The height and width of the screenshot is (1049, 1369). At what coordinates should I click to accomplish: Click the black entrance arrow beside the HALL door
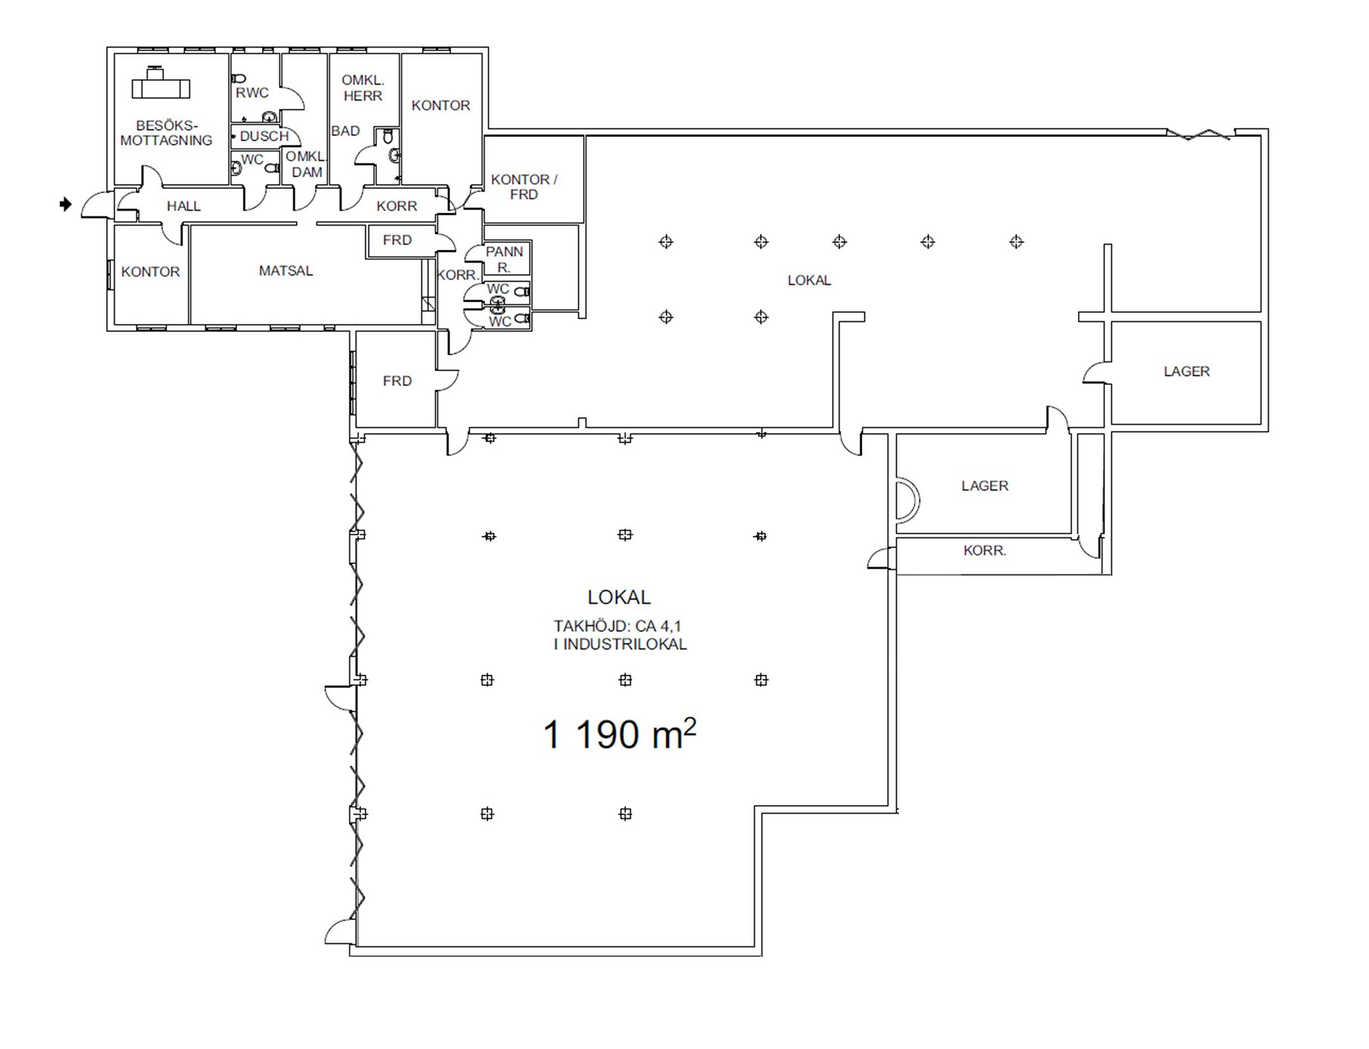(x=66, y=204)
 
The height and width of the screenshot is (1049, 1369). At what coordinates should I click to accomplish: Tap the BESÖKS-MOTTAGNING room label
(x=166, y=133)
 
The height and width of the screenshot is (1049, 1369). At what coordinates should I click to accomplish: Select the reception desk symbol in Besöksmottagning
(x=160, y=83)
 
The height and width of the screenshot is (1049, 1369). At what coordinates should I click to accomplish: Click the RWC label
(x=252, y=93)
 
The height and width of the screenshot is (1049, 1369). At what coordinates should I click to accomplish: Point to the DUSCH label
(x=264, y=136)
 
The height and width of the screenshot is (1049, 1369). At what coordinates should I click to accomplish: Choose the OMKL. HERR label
(x=362, y=88)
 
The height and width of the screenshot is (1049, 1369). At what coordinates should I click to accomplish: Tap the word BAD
(x=345, y=131)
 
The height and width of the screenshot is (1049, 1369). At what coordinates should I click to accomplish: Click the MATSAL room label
(x=286, y=271)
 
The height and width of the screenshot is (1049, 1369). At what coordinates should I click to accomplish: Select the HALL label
(x=183, y=206)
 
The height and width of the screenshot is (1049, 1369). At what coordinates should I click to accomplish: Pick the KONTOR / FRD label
(x=523, y=187)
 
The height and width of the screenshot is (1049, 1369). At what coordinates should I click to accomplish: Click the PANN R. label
(x=504, y=260)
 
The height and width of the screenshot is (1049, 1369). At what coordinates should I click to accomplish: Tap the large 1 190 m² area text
(x=619, y=734)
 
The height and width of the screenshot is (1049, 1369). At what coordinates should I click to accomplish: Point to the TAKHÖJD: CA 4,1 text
(x=617, y=626)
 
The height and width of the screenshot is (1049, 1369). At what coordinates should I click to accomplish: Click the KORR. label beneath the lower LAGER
(x=985, y=551)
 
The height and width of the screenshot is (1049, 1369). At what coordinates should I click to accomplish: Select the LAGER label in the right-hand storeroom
(x=1187, y=372)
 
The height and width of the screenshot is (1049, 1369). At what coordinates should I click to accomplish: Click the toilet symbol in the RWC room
(x=238, y=79)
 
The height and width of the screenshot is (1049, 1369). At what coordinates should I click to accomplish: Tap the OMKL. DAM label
(x=306, y=164)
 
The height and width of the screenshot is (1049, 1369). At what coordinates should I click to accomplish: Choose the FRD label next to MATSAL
(x=397, y=240)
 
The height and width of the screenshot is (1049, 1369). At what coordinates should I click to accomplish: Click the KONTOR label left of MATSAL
(x=150, y=272)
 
